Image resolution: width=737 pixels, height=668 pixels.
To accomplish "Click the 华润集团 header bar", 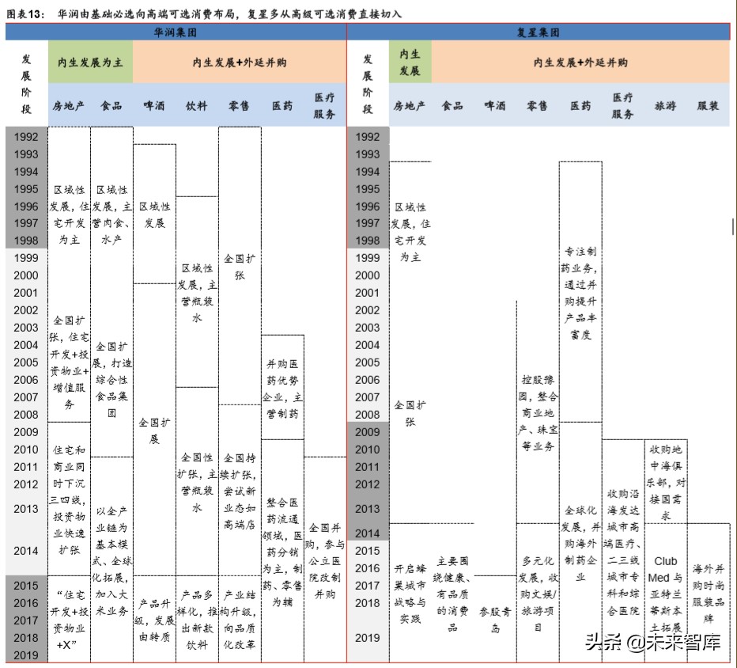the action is (176, 32).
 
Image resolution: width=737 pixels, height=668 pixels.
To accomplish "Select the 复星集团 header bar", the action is (539, 32).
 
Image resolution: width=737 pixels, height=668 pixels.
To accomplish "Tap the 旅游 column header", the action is (665, 106).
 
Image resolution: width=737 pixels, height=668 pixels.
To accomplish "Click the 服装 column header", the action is (708, 106).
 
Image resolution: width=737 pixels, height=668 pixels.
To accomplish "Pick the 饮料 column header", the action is (196, 106).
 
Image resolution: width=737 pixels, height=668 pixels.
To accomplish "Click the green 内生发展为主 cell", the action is (90, 62).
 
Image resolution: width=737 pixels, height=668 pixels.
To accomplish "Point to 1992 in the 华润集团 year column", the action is (26, 137).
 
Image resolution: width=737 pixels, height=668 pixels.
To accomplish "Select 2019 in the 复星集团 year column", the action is (367, 638).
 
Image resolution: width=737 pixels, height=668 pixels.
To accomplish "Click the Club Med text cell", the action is (666, 594).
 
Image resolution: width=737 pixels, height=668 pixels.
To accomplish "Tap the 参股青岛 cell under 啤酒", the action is (495, 620).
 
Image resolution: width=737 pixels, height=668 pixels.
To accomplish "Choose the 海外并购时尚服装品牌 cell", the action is (708, 594).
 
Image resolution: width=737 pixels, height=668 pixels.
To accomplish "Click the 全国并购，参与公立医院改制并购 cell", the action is (325, 560).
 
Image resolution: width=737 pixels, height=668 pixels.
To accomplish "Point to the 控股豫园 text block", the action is (538, 412).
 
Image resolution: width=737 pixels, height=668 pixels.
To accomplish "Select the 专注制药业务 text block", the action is (580, 293).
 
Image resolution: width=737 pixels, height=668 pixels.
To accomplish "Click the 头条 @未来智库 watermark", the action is (653, 642).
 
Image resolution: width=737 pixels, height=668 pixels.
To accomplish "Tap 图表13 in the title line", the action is (25, 13).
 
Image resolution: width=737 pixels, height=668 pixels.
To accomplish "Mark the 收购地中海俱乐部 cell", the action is (666, 482).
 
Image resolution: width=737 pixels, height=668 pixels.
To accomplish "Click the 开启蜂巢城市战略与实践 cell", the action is (410, 594).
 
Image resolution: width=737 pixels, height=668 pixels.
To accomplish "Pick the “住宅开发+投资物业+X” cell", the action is (69, 620).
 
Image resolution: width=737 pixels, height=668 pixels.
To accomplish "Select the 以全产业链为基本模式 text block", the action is (111, 560).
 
